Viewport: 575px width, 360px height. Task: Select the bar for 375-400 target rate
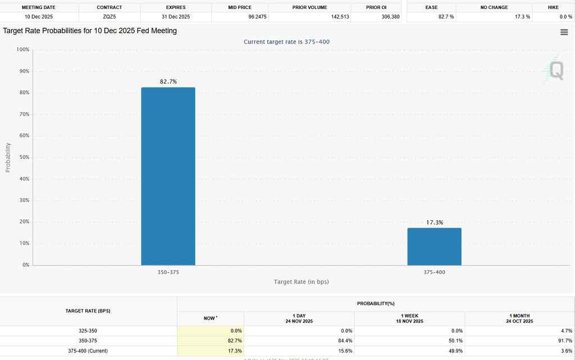tap(434, 247)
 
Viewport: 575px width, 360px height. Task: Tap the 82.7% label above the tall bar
tap(168, 81)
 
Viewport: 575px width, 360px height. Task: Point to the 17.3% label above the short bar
tap(434, 222)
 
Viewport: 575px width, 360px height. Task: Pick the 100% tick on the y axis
tap(22, 50)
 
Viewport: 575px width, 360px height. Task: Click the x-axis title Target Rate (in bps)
tap(301, 281)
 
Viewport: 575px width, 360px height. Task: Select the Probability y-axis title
tap(8, 157)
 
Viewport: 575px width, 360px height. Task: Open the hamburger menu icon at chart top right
tap(564, 32)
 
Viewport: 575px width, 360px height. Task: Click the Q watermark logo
tap(555, 70)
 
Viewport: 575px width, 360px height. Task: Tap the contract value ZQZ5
tap(109, 17)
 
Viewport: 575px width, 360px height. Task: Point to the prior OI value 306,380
tap(390, 17)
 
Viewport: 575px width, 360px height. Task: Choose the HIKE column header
tap(553, 7)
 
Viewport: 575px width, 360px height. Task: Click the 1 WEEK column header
tap(409, 318)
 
